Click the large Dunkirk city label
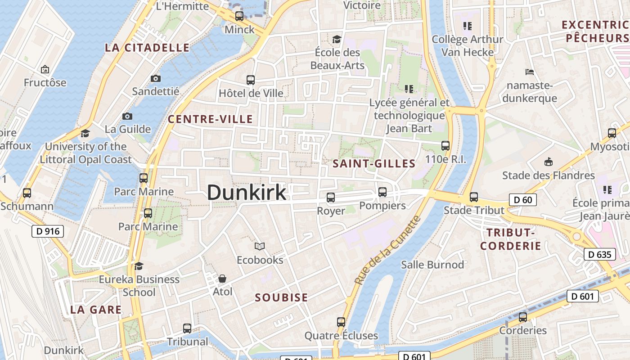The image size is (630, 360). point(247,193)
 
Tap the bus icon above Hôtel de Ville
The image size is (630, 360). point(251,80)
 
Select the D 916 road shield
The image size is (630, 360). point(48,232)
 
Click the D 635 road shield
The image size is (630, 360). point(600,255)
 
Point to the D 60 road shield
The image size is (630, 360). point(523,199)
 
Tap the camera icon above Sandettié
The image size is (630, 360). point(156,78)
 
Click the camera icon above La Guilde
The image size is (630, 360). point(128,117)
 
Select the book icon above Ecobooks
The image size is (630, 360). point(260,246)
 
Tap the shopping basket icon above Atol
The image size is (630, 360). point(222,279)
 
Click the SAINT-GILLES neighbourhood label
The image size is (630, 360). point(374,164)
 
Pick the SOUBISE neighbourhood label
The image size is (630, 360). point(282,297)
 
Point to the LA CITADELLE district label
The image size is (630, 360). point(147,48)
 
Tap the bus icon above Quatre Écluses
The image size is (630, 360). point(341,322)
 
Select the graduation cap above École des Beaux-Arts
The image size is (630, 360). point(337,40)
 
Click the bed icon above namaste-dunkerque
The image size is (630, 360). point(530,72)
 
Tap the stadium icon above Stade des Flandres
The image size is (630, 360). point(548,162)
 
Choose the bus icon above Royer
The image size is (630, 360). point(331,197)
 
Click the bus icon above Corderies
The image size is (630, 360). point(522,317)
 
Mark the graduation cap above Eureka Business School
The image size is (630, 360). point(139,266)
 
